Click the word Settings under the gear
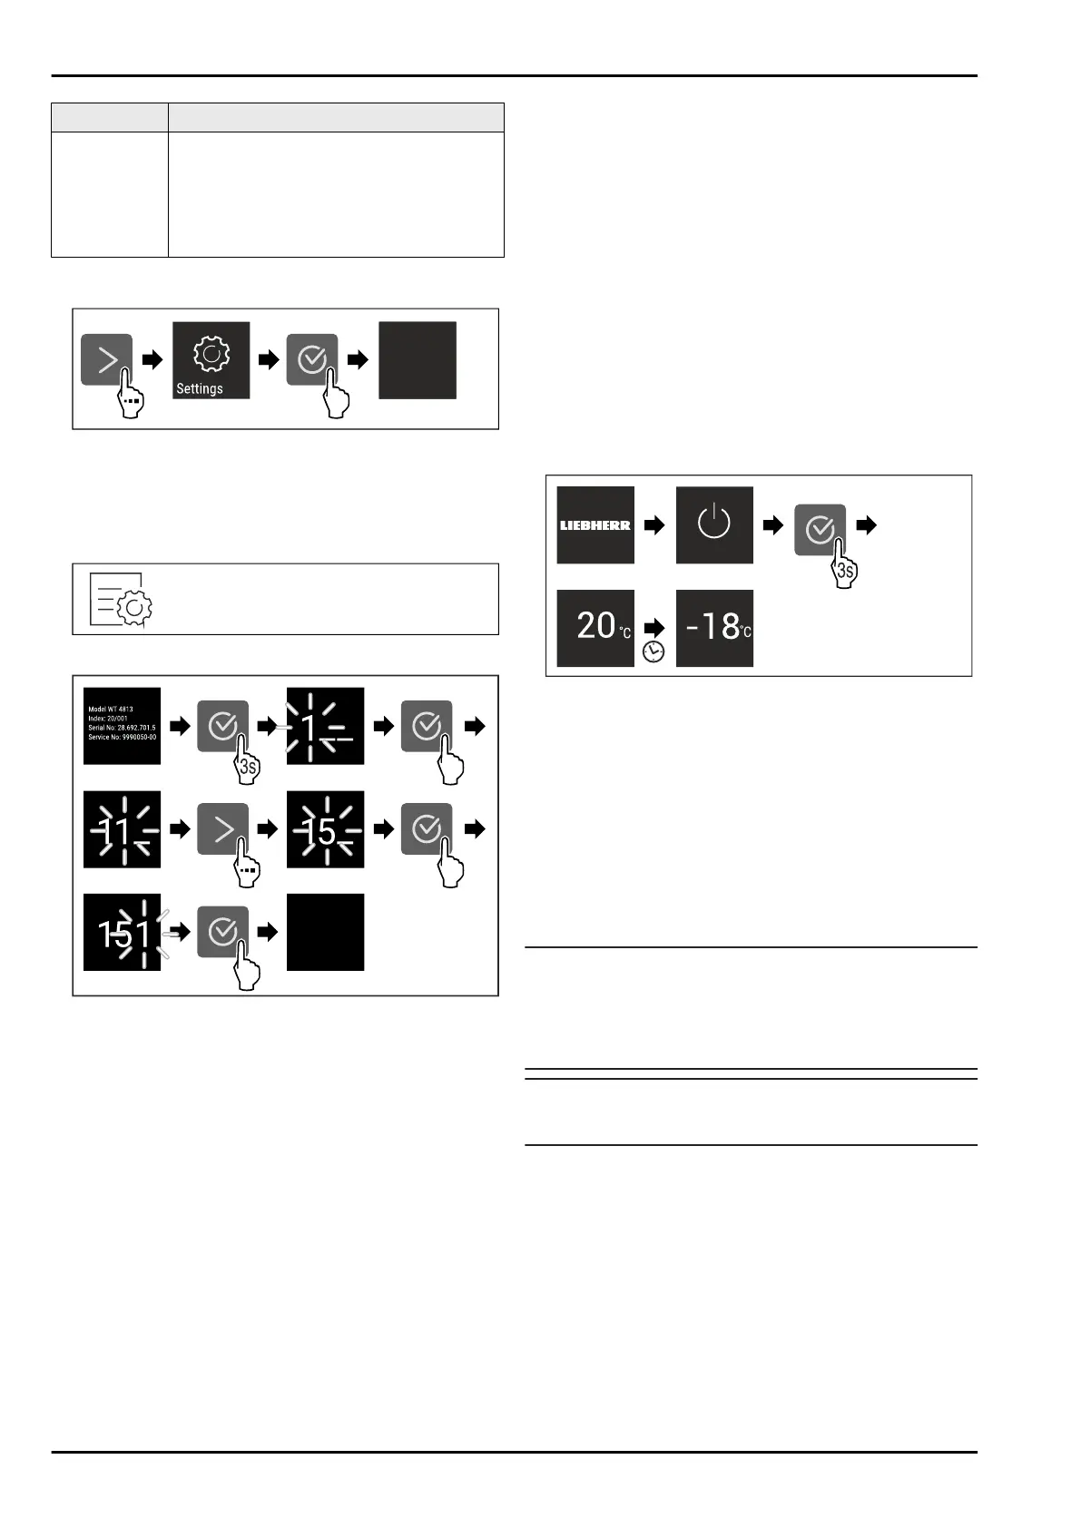(x=200, y=388)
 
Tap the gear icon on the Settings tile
(x=211, y=354)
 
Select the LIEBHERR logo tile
(x=595, y=525)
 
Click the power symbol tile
(x=714, y=524)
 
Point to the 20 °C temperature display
(x=595, y=628)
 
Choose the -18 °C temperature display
(x=714, y=628)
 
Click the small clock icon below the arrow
(x=654, y=651)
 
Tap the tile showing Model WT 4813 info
(x=122, y=726)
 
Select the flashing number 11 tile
(x=122, y=829)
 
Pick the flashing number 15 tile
(x=325, y=829)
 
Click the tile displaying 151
(x=122, y=933)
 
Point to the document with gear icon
(x=121, y=600)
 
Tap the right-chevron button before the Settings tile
(x=107, y=359)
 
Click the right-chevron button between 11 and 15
(x=223, y=829)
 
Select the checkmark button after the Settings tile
(x=312, y=359)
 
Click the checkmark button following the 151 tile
(x=223, y=931)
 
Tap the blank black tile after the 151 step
(x=325, y=933)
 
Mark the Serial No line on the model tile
(x=122, y=728)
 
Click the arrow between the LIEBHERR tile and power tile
(x=654, y=525)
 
